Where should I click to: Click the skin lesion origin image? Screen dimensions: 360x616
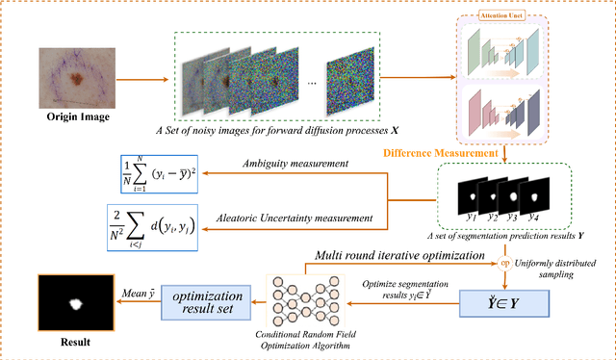[75, 77]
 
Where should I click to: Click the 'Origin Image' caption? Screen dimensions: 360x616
[76, 118]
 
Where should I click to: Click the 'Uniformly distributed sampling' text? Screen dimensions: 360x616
[561, 268]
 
